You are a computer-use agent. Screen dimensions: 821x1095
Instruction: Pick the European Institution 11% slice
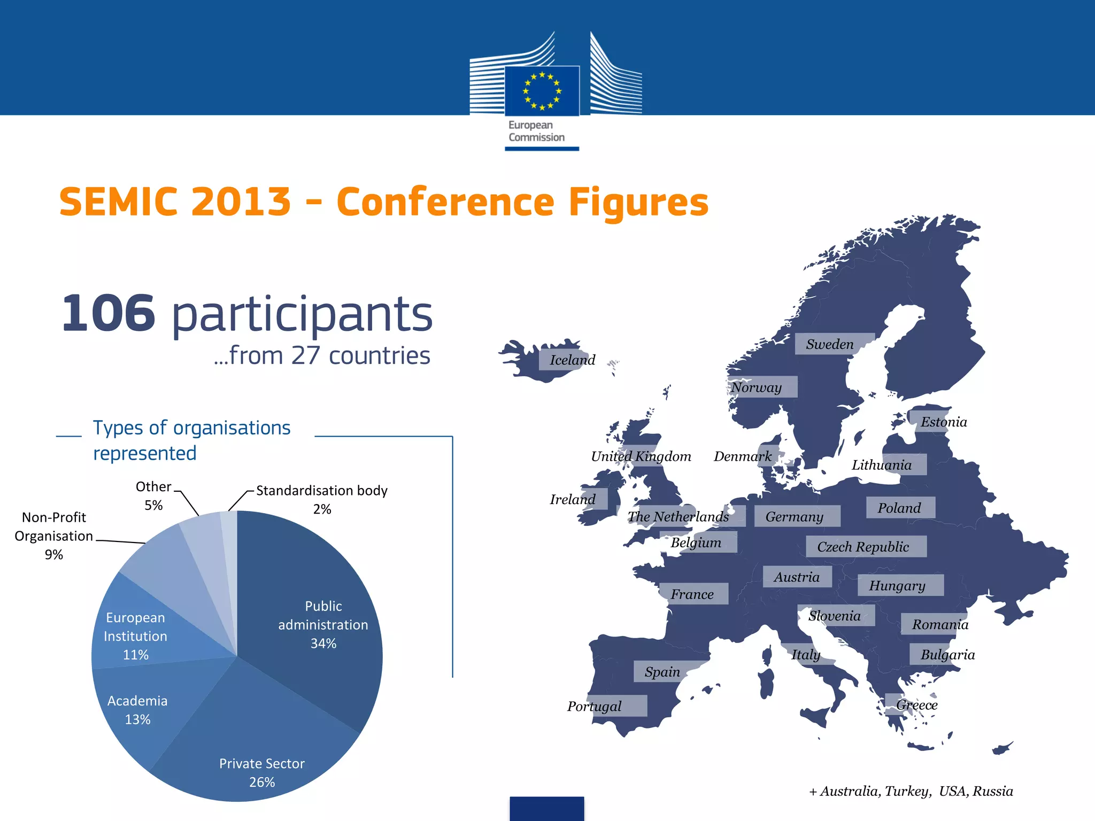[135, 636]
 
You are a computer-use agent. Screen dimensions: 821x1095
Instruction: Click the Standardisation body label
[321, 491]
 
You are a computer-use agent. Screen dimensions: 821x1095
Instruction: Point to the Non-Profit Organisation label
[53, 526]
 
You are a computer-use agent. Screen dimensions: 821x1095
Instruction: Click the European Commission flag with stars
[542, 91]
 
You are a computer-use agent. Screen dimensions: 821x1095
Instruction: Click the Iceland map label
[572, 360]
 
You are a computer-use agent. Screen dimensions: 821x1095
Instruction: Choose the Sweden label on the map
[829, 344]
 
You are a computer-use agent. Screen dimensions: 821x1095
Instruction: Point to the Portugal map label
[594, 706]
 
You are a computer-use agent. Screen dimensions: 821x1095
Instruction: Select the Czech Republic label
[862, 547]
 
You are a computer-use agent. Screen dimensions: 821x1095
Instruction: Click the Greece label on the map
[916, 705]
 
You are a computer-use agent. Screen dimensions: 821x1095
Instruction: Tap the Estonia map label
[944, 422]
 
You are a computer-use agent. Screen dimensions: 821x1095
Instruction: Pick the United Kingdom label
[641, 456]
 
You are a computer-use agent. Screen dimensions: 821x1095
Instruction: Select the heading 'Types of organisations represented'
[191, 440]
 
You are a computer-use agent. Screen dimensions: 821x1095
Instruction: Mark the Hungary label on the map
[897, 585]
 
